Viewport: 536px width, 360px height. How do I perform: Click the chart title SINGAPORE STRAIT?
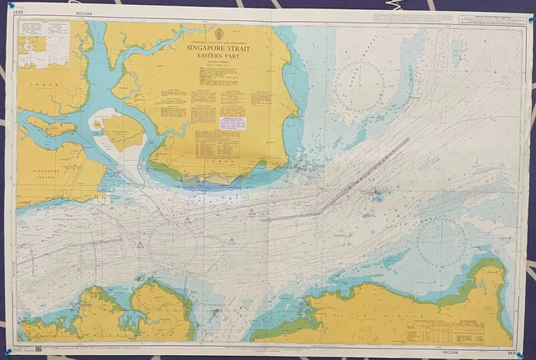[222, 49]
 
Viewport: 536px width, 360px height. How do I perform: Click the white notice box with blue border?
[232, 123]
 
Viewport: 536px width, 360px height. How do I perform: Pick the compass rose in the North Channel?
[360, 85]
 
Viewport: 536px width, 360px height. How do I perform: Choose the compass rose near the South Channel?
[441, 244]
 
